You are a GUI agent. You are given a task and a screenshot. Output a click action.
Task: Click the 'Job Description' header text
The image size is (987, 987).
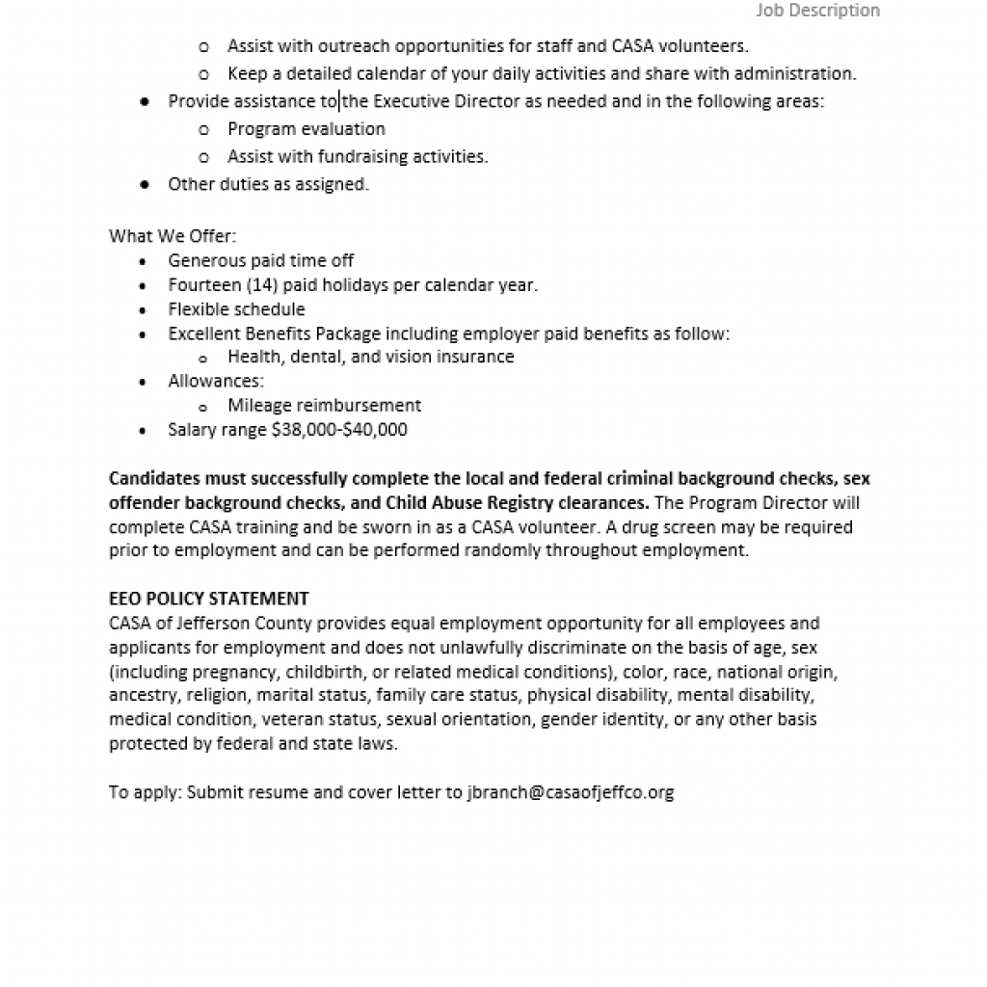click(x=817, y=11)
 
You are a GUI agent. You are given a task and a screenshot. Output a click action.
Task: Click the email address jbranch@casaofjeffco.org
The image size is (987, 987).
click(x=570, y=792)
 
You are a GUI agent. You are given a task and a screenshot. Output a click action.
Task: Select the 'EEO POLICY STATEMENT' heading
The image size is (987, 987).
click(x=209, y=599)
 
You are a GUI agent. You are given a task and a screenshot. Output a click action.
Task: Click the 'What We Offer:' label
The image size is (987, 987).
click(x=173, y=236)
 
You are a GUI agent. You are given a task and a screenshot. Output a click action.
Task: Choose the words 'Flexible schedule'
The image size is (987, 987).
click(x=236, y=309)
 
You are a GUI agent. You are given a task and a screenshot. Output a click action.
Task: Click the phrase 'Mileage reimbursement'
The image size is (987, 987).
click(x=324, y=406)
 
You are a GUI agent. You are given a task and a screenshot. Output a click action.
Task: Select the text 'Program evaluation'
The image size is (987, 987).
click(x=307, y=129)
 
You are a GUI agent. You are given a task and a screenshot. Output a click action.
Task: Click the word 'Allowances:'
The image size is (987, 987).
click(x=216, y=382)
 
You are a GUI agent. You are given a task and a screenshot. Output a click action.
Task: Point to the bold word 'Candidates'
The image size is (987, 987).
click(x=154, y=478)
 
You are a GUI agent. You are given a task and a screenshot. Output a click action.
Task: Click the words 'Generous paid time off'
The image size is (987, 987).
click(x=260, y=260)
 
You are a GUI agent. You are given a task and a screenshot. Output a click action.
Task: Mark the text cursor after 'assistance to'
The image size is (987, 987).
click(x=338, y=101)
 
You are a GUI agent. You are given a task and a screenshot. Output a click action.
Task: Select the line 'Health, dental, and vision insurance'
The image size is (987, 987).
click(x=371, y=357)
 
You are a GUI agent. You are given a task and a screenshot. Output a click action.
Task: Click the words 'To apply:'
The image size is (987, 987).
click(x=145, y=792)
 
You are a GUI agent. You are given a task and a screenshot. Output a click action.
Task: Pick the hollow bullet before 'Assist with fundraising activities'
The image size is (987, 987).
click(x=203, y=157)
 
